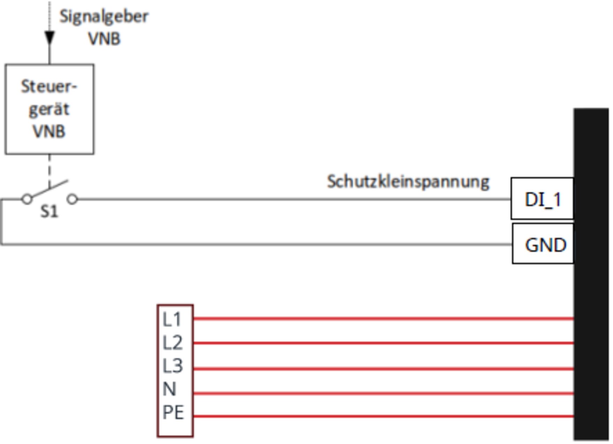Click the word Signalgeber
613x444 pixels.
[104, 16]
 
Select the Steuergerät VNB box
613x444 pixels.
[49, 109]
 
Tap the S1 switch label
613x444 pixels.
[49, 211]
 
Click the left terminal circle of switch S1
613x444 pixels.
[27, 199]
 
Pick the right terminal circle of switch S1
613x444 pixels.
[72, 199]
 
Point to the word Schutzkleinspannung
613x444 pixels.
[408, 182]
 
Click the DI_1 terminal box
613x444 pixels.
[542, 199]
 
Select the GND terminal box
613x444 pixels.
[543, 245]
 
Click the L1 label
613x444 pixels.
[172, 319]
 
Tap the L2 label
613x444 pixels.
[172, 343]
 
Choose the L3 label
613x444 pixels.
[172, 366]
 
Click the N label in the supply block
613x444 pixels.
[169, 389]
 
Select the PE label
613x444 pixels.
[173, 413]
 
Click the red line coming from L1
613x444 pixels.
[384, 319]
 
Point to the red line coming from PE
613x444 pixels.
[384, 416]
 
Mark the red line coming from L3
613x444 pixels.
[384, 369]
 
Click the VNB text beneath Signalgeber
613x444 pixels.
[104, 39]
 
